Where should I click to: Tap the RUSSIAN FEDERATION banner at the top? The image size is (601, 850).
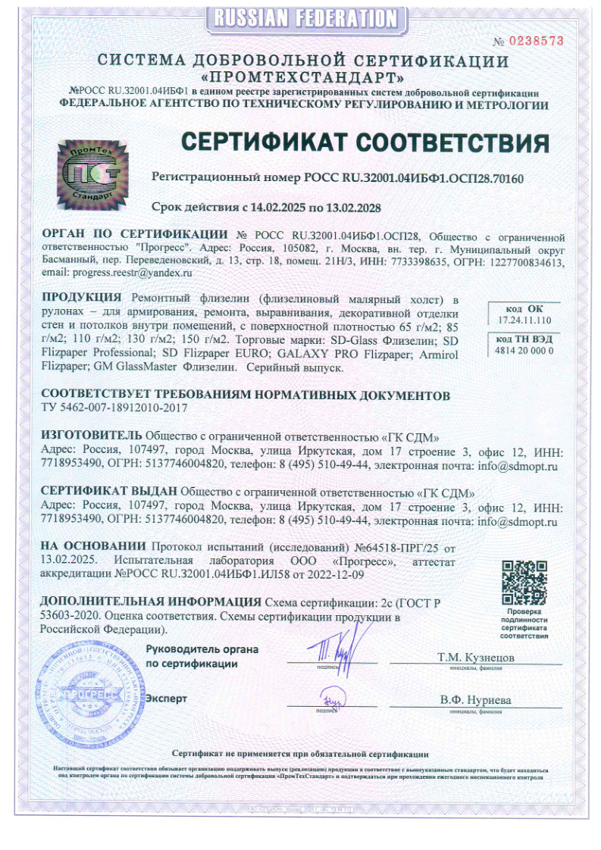click(x=304, y=17)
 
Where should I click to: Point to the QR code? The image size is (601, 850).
click(x=524, y=581)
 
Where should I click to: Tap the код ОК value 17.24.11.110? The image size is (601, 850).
click(x=525, y=321)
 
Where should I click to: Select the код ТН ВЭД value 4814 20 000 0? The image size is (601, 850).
click(x=524, y=351)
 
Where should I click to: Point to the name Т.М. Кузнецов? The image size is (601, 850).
click(x=475, y=658)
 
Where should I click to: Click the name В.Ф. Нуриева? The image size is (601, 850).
click(x=475, y=700)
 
